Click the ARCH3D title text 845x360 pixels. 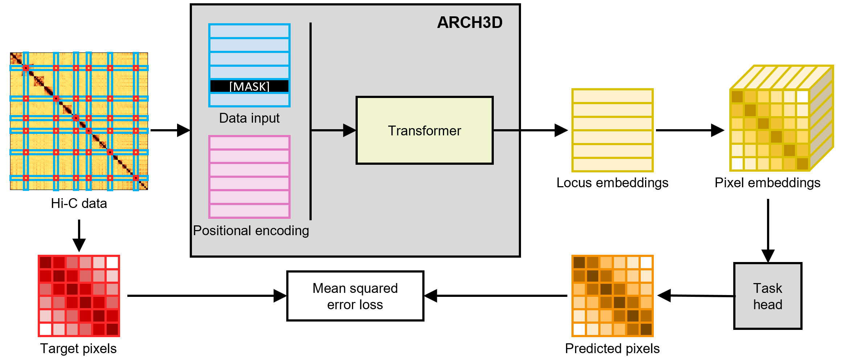pyautogui.click(x=469, y=22)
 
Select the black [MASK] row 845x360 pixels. pyautogui.click(x=249, y=86)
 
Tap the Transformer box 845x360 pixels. pyautogui.click(x=424, y=131)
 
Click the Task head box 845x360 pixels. pyautogui.click(x=767, y=296)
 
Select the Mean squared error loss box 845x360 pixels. pyautogui.click(x=355, y=296)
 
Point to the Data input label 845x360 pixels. pyautogui.click(x=249, y=118)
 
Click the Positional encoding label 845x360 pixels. pyautogui.click(x=251, y=231)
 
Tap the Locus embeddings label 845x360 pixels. pyautogui.click(x=612, y=183)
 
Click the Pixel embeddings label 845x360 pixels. pyautogui.click(x=767, y=183)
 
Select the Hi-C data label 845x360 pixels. pyautogui.click(x=79, y=204)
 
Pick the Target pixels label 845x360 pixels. pyautogui.click(x=78, y=348)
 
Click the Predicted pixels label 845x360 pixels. pyautogui.click(x=612, y=348)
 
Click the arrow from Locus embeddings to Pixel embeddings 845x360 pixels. pyautogui.click(x=689, y=130)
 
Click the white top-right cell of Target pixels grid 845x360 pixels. pyautogui.click(x=112, y=262)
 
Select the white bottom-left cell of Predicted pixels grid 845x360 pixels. pyautogui.click(x=579, y=329)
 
